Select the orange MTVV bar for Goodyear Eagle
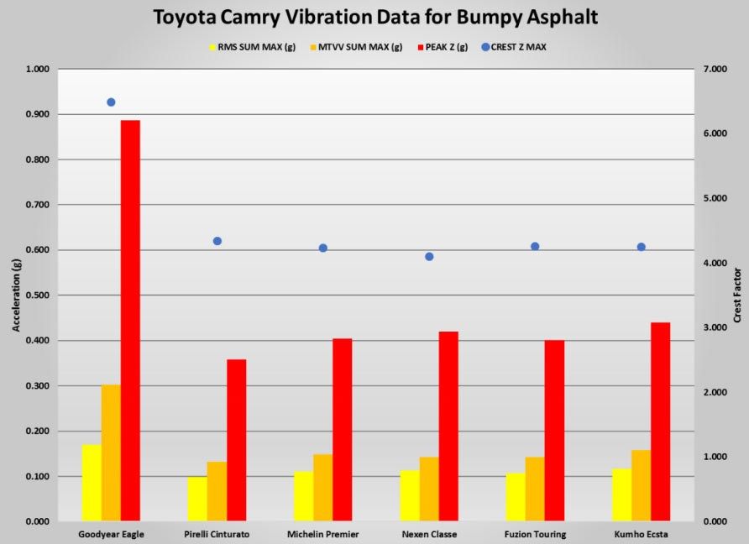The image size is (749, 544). pyautogui.click(x=111, y=452)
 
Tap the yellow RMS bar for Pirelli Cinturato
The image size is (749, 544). pyautogui.click(x=196, y=499)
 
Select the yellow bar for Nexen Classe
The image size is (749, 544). pyautogui.click(x=409, y=495)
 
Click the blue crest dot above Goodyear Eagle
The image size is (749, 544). pyautogui.click(x=111, y=102)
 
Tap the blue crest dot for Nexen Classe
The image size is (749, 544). pyautogui.click(x=429, y=257)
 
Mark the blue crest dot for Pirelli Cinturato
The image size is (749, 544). pyautogui.click(x=217, y=241)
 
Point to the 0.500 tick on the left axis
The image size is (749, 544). pyautogui.click(x=37, y=296)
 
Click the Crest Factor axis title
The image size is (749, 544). pyautogui.click(x=737, y=296)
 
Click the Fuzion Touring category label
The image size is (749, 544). pyautogui.click(x=535, y=535)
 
